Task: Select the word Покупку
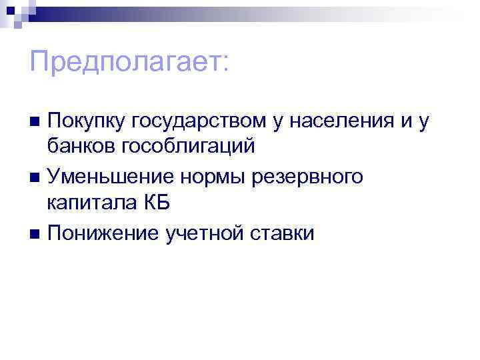85,121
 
